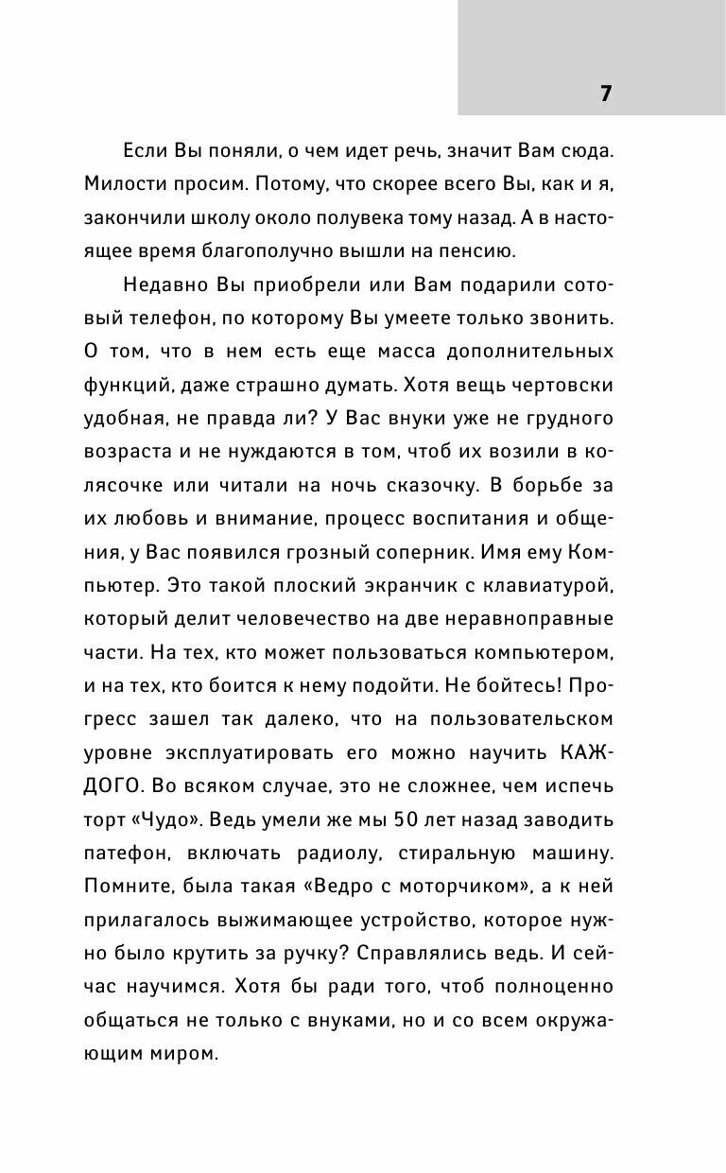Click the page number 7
coord(606,93)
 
